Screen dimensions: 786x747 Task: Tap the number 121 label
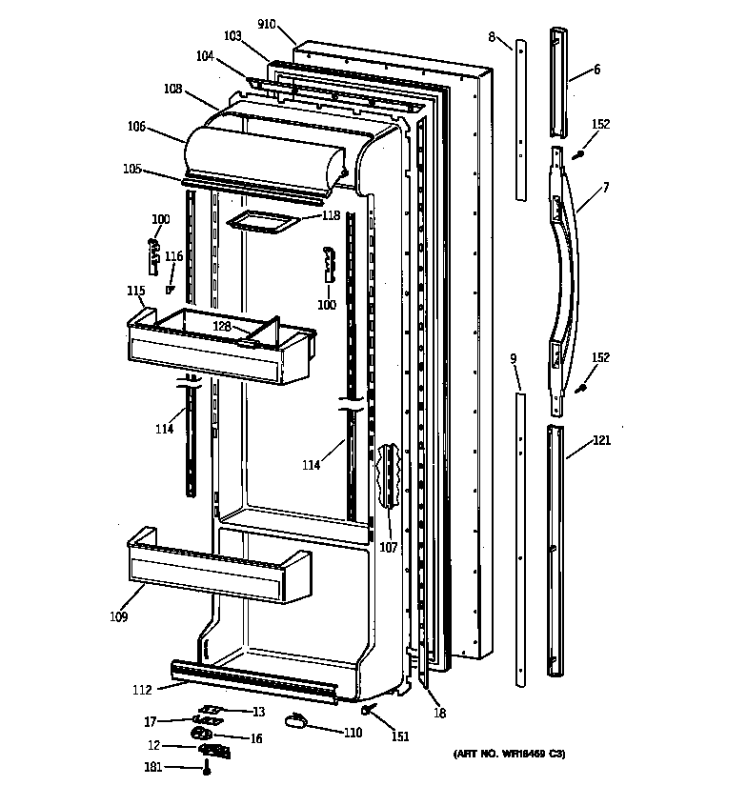pos(601,440)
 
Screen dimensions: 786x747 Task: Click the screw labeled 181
pos(206,767)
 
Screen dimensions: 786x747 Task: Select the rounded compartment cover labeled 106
pos(267,152)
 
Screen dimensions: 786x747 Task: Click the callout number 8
pos(492,37)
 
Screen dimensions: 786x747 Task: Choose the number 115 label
pos(136,291)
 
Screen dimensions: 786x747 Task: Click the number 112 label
pos(141,691)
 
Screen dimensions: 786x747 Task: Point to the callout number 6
pos(596,69)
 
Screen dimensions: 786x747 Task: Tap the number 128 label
pos(221,326)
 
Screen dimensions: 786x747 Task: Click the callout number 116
pos(173,256)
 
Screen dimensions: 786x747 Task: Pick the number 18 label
pos(439,713)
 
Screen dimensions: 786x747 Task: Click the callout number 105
pos(131,170)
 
